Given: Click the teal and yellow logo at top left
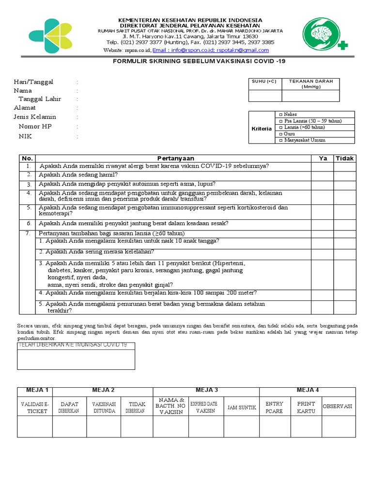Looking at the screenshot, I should pyautogui.click(x=50, y=35).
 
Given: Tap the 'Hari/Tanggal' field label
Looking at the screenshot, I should pyautogui.click(x=33, y=82).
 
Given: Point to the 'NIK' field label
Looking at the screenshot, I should pyautogui.click(x=25, y=136).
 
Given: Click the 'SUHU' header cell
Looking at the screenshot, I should pyautogui.click(x=264, y=82).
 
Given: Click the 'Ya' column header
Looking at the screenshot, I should pyautogui.click(x=323, y=158).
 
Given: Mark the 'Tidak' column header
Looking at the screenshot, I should pyautogui.click(x=345, y=158).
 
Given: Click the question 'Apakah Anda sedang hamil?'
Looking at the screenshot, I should pyautogui.click(x=78, y=175).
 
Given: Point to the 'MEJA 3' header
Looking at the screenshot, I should pyautogui.click(x=206, y=390).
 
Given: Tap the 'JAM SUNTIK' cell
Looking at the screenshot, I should pyautogui.click(x=242, y=407).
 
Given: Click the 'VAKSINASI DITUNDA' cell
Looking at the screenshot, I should pyautogui.click(x=104, y=407).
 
